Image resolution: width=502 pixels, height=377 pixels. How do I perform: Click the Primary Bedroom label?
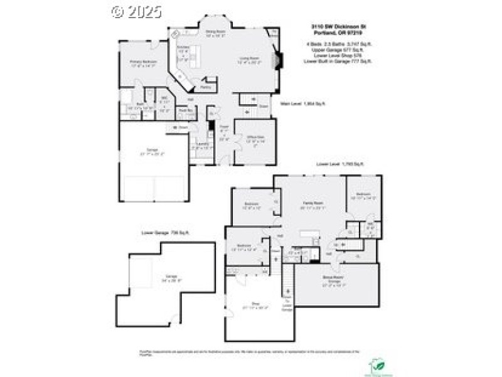click(x=143, y=62)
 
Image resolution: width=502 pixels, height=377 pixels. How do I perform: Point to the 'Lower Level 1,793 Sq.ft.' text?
click(x=339, y=164)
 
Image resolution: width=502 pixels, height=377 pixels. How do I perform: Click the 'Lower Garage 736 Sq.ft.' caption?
click(x=166, y=233)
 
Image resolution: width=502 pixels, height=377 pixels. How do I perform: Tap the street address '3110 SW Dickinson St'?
click(x=338, y=26)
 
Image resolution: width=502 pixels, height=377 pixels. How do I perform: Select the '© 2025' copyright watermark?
click(x=136, y=11)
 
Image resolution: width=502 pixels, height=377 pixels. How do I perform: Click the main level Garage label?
click(x=152, y=151)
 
